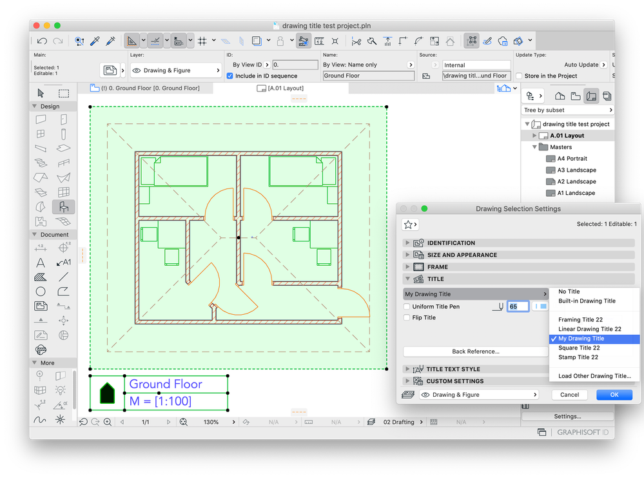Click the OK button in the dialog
tap(614, 395)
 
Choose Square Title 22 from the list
tap(579, 348)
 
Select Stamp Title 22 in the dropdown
tap(578, 357)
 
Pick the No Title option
tap(569, 292)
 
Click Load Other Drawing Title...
tap(594, 376)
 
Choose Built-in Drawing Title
tap(587, 301)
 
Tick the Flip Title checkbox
tap(407, 317)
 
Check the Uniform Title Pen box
tap(407, 306)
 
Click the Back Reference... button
tap(475, 352)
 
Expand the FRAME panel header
tap(438, 266)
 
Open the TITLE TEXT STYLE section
tap(453, 369)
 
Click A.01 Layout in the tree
tap(567, 135)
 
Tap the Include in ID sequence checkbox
tap(229, 76)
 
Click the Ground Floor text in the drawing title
tap(166, 384)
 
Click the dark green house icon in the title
tap(106, 392)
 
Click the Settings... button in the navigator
tap(567, 417)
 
